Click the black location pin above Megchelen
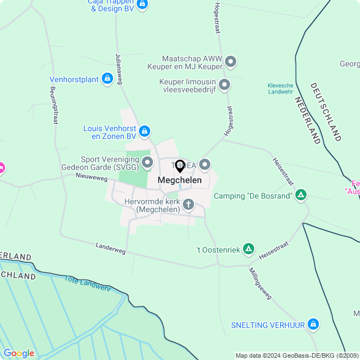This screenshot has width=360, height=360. [180, 166]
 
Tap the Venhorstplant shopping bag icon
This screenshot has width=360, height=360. [107, 79]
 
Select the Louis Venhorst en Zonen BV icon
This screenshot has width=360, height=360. [145, 131]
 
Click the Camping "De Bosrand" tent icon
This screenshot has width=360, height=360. [301, 195]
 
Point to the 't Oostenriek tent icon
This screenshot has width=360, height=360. [249, 249]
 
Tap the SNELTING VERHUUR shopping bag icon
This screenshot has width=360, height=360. [313, 325]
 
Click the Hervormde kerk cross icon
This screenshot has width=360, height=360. [188, 204]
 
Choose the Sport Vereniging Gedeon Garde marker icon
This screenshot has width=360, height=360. [148, 163]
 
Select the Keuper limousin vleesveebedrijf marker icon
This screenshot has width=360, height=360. [224, 85]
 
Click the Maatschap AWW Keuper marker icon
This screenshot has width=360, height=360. [231, 61]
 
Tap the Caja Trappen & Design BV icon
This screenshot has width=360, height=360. [142, 4]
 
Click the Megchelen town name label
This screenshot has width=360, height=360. [180, 180]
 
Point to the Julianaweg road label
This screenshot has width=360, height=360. [119, 69]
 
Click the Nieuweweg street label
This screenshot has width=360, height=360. [92, 177]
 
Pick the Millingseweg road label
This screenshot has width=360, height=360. [260, 282]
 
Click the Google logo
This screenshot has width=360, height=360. [19, 353]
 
